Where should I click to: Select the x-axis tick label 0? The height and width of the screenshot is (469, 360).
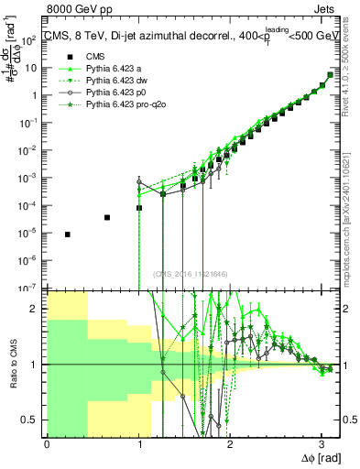point(47,445)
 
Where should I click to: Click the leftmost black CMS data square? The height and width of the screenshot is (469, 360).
point(68,234)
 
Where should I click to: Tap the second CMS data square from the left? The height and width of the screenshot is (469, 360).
point(107,217)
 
